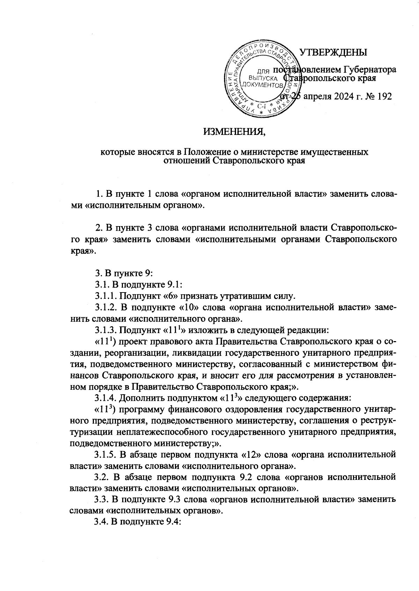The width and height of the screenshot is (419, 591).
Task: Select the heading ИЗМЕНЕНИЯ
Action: [x=235, y=132]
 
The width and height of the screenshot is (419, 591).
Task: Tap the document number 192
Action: [x=383, y=96]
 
